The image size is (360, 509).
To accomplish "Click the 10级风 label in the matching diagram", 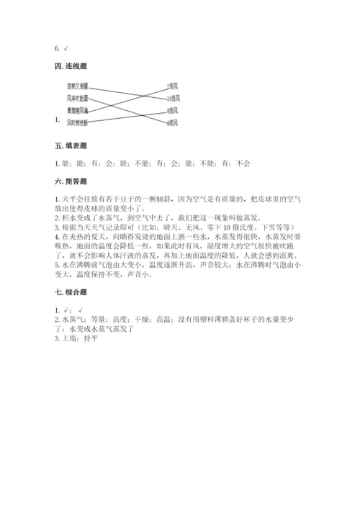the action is point(172,98).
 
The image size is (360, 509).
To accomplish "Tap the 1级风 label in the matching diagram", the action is point(171,86).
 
